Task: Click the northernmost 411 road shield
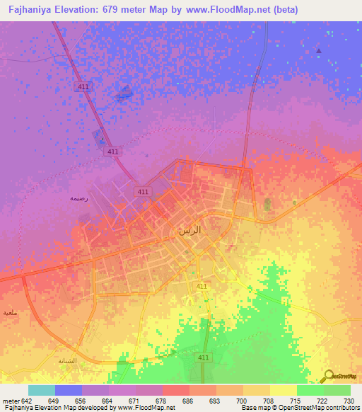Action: [x=83, y=86]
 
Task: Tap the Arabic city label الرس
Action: [x=190, y=231]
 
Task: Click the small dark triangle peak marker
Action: [x=319, y=51]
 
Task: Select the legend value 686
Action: [x=189, y=400]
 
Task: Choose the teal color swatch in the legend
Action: [x=42, y=390]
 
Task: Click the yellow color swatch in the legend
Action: [x=284, y=390]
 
